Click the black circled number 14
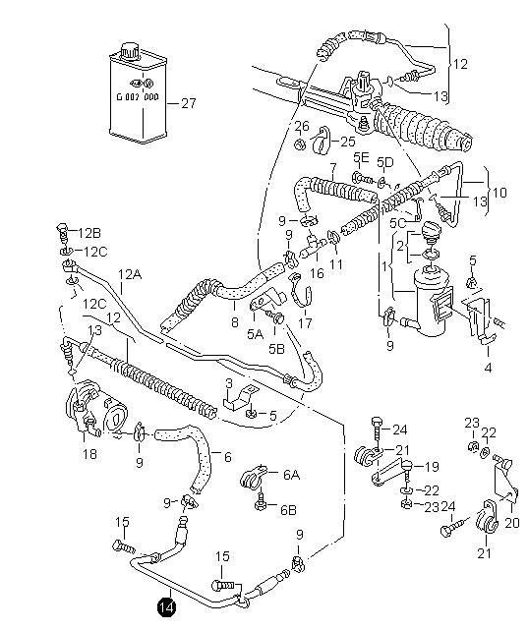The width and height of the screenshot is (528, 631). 166,607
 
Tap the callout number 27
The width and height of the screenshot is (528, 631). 189,103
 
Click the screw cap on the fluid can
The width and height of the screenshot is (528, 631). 130,50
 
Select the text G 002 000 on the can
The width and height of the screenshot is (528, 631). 138,97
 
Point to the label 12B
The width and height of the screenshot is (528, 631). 89,233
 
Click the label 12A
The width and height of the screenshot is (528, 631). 130,275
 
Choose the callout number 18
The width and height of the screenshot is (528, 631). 89,454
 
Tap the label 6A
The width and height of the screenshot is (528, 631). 291,475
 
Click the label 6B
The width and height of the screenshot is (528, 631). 288,510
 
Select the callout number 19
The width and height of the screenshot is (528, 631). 432,467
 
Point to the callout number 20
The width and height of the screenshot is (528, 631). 512,523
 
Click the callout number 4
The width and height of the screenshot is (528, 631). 488,368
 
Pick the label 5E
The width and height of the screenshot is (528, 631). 361,157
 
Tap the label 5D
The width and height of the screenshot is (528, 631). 384,162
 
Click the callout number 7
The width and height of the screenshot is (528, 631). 332,167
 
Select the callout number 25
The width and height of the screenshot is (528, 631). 348,142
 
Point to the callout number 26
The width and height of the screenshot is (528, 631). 302,127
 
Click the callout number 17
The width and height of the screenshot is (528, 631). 305,322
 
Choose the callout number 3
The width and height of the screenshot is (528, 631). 229,382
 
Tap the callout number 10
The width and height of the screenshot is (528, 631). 499,193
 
